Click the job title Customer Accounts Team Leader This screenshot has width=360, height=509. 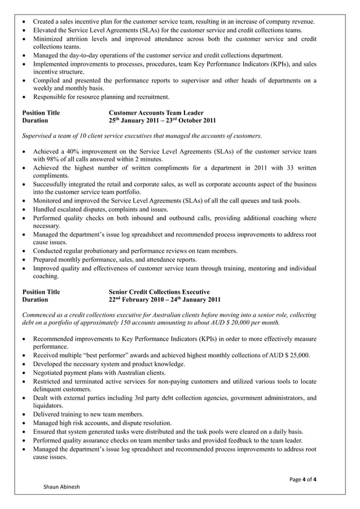(156, 113)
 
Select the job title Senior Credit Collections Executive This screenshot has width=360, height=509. (159, 292)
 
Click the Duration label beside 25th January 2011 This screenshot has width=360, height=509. (35, 121)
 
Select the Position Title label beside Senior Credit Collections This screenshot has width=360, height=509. (41, 292)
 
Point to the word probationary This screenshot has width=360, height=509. (118, 250)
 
